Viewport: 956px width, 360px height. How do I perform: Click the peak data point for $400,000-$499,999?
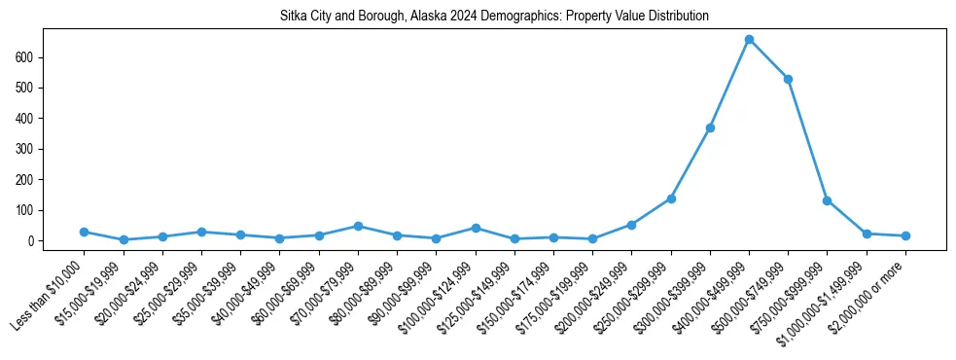pyautogui.click(x=749, y=40)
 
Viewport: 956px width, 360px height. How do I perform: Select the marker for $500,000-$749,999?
pyautogui.click(x=788, y=79)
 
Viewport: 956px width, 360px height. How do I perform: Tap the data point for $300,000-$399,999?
pyautogui.click(x=710, y=127)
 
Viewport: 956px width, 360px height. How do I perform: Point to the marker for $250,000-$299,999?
pyautogui.click(x=671, y=198)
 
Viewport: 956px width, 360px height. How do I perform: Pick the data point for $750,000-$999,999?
pyautogui.click(x=827, y=200)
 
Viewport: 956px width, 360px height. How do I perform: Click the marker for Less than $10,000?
pyautogui.click(x=84, y=232)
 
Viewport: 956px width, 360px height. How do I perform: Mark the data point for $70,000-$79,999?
pyautogui.click(x=358, y=226)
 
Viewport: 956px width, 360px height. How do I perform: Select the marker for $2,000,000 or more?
pyautogui.click(x=905, y=235)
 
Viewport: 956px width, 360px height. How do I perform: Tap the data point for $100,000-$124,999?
pyautogui.click(x=476, y=228)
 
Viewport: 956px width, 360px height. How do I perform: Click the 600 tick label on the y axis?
pyautogui.click(x=25, y=57)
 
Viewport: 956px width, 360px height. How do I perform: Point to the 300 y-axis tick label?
pyautogui.click(x=25, y=149)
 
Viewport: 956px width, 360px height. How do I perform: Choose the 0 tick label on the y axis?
pyautogui.click(x=32, y=240)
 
